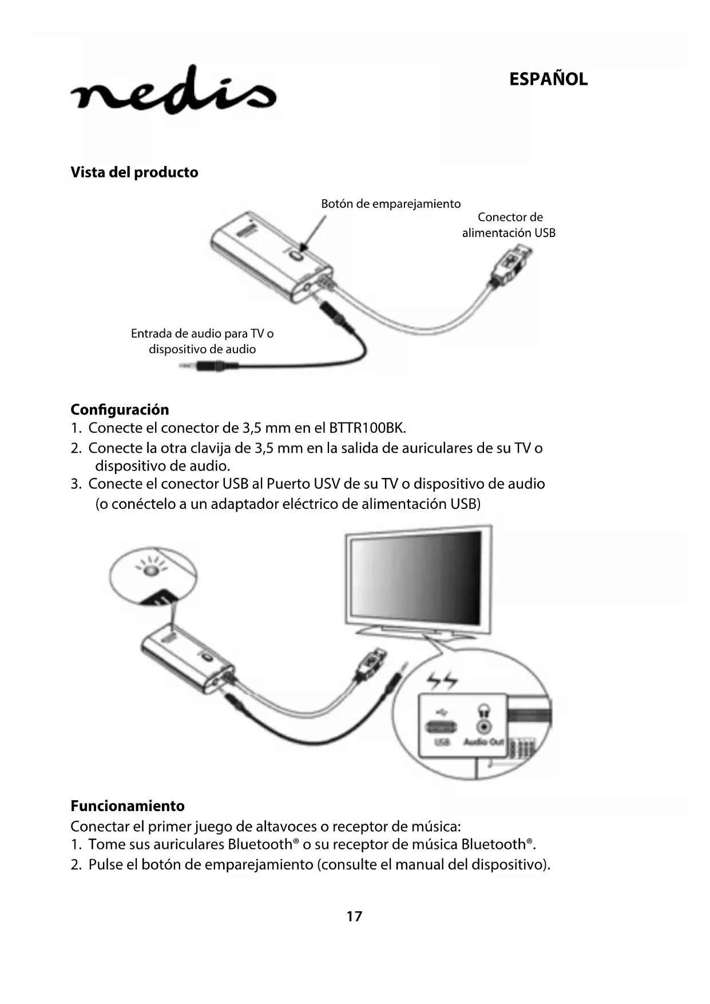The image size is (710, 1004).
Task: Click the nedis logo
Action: (173, 91)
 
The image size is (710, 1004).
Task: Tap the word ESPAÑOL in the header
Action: (548, 79)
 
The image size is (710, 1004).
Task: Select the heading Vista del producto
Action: (134, 172)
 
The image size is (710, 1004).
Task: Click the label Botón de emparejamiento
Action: (391, 204)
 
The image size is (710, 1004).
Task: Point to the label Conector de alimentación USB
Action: (509, 225)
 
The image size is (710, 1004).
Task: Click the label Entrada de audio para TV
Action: (202, 333)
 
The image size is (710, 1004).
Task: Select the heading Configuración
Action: (120, 410)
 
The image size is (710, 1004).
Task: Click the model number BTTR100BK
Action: (367, 428)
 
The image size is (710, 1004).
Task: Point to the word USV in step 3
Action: (327, 484)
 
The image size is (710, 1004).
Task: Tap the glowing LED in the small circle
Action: (150, 571)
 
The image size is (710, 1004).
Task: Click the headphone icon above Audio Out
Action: (484, 710)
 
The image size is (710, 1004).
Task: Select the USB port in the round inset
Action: (442, 728)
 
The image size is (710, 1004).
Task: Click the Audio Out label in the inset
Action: (483, 742)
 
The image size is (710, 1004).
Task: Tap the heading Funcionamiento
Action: (128, 807)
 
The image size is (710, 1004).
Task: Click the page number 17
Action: (354, 916)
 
